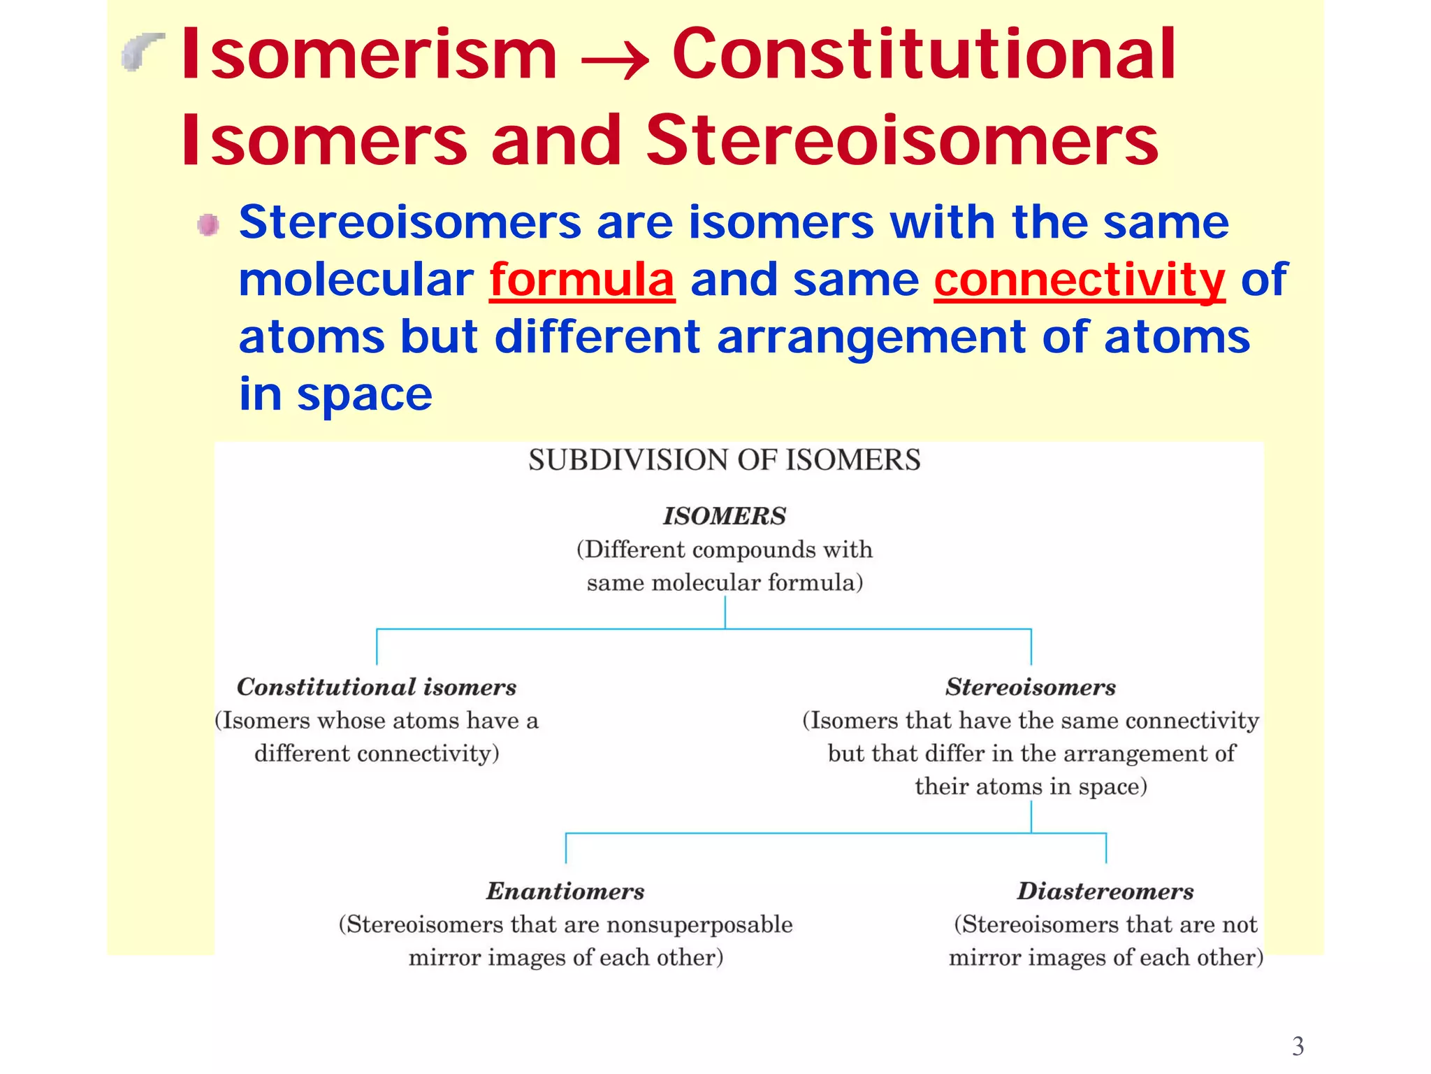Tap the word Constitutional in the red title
[924, 55]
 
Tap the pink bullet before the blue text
[208, 225]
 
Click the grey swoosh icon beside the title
[143, 52]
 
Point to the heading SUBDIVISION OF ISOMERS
[724, 460]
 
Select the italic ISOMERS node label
[724, 516]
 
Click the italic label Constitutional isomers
[377, 687]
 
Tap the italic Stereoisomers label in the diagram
[1031, 687]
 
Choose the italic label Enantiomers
[565, 891]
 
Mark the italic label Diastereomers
[1105, 891]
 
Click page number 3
[1298, 1046]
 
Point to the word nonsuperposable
[699, 924]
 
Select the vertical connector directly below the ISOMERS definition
[725, 613]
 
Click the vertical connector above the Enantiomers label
[566, 848]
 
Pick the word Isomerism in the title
[369, 55]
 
